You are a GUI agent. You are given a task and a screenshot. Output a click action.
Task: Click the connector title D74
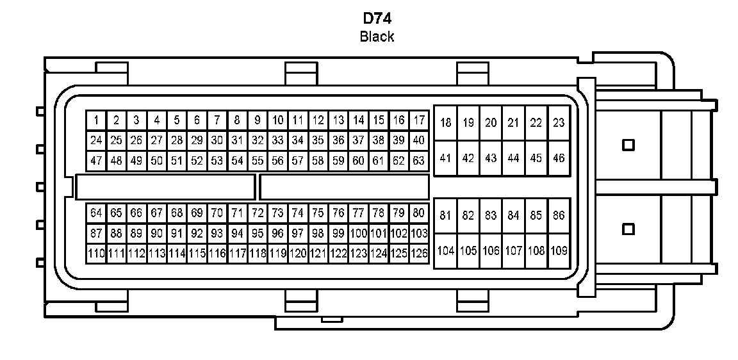pyautogui.click(x=377, y=18)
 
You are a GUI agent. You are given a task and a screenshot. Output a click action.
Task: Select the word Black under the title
pyautogui.click(x=377, y=37)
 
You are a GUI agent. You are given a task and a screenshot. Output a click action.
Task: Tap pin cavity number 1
pyautogui.click(x=96, y=120)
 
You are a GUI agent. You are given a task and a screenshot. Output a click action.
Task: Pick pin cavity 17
pyautogui.click(x=419, y=120)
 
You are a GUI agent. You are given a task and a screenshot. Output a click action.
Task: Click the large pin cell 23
pyautogui.click(x=559, y=123)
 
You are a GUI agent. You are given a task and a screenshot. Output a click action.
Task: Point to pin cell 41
pyautogui.click(x=446, y=158)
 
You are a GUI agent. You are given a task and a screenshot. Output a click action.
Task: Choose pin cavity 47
pyautogui.click(x=96, y=161)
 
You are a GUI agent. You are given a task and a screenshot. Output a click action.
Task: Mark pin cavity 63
pyautogui.click(x=419, y=161)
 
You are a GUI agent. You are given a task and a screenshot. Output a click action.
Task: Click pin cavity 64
pyautogui.click(x=96, y=213)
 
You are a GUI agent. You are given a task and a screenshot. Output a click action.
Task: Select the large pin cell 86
pyautogui.click(x=559, y=216)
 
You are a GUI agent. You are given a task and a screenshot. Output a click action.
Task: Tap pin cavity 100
pyautogui.click(x=359, y=233)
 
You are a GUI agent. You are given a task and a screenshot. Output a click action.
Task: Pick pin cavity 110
pyautogui.click(x=96, y=254)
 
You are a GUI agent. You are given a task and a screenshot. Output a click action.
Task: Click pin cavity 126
pyautogui.click(x=419, y=254)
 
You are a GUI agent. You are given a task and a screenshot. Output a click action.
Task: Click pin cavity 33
pyautogui.click(x=277, y=140)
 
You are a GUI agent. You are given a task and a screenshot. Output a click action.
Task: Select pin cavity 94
pyautogui.click(x=237, y=233)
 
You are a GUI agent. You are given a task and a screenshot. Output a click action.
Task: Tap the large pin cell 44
pyautogui.click(x=513, y=158)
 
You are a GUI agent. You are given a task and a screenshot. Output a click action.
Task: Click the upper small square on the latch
pyautogui.click(x=628, y=145)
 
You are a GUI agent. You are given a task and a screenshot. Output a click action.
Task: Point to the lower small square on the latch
pyautogui.click(x=628, y=229)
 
